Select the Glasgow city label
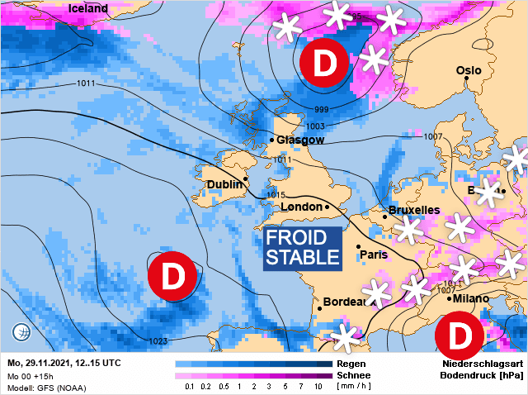click(300, 140)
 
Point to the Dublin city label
click(224, 184)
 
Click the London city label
click(300, 207)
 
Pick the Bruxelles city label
click(414, 211)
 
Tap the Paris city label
click(374, 255)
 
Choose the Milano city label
click(470, 298)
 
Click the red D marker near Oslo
click(323, 63)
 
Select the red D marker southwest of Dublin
click(172, 276)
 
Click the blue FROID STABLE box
click(303, 248)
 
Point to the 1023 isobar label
click(160, 341)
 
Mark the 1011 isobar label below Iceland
click(86, 83)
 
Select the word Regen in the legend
click(351, 364)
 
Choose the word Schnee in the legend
click(354, 375)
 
